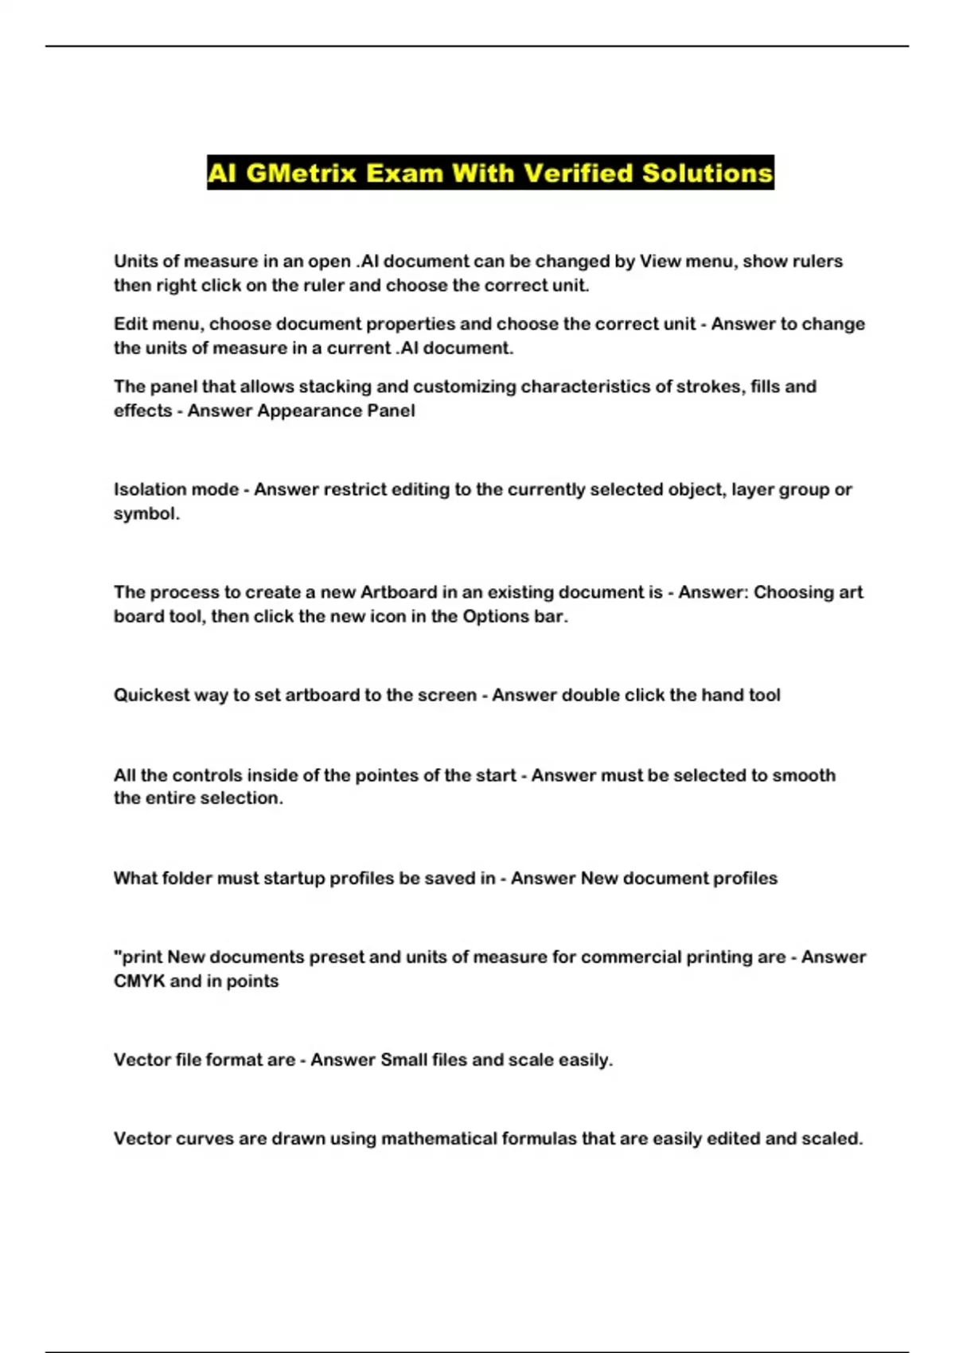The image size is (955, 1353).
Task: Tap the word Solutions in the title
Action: [x=707, y=173]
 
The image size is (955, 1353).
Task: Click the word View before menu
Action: [x=657, y=261]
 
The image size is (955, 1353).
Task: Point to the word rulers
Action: [x=816, y=261]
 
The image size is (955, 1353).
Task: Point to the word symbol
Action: [x=145, y=513]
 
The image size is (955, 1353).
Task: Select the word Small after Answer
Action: [x=403, y=1060]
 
